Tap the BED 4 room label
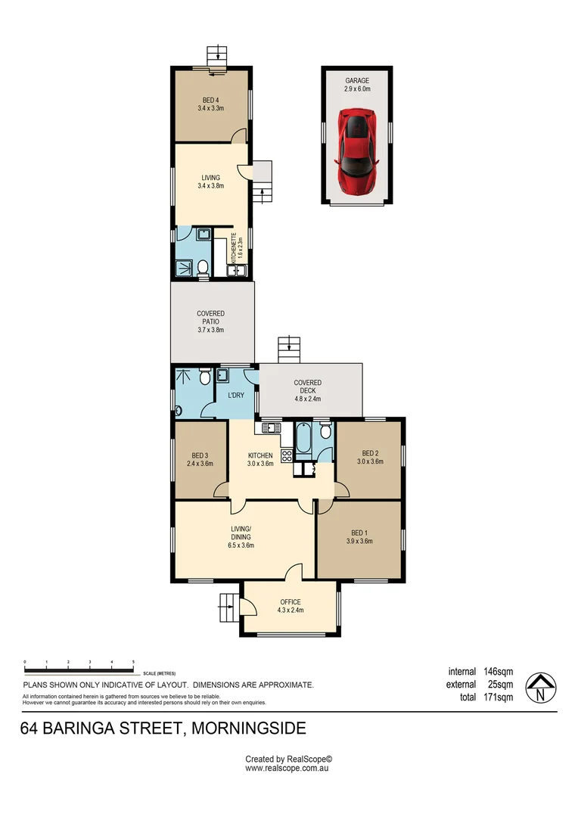[210, 104]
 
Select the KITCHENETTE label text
[237, 246]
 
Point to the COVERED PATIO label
[210, 322]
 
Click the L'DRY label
[236, 395]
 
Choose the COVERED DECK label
[307, 390]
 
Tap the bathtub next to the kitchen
[303, 440]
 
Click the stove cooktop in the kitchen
[287, 456]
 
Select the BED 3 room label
[200, 459]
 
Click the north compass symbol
[540, 688]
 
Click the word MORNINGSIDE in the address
[249, 728]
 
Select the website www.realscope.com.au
[287, 768]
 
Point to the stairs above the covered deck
[289, 349]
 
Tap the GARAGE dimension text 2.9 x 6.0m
[357, 89]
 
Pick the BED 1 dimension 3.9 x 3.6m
[359, 541]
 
